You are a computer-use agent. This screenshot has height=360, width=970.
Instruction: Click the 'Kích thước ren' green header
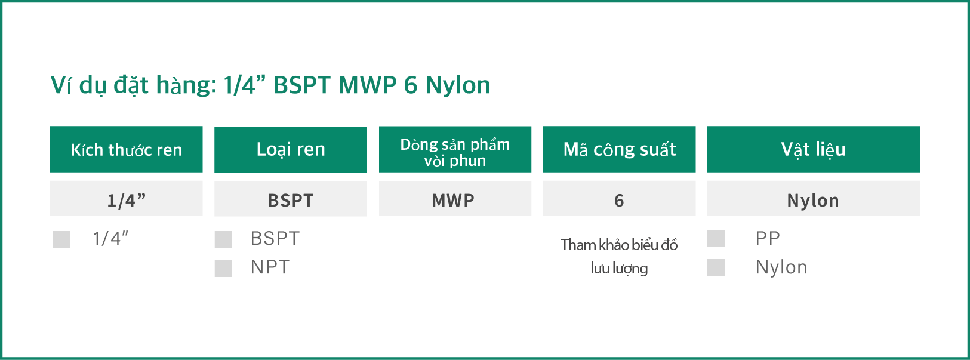(126, 149)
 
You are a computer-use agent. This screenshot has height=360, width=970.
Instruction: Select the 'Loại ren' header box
(291, 149)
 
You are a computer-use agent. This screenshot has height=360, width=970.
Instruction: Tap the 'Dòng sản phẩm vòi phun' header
(455, 149)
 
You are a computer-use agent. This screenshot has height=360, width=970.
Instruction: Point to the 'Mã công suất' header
(619, 149)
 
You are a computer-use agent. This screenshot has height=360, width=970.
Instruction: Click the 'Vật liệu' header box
(813, 149)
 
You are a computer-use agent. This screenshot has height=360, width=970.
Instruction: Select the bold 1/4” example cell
(126, 198)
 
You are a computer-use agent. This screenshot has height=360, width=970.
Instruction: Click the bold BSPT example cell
(291, 199)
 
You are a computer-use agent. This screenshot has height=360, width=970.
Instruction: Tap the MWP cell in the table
(455, 198)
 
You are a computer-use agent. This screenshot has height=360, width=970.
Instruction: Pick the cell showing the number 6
(619, 198)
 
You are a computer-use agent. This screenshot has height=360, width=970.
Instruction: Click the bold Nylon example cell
(813, 198)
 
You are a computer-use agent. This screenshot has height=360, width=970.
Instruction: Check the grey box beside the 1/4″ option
(61, 239)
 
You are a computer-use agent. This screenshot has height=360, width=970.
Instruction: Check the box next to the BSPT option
(223, 239)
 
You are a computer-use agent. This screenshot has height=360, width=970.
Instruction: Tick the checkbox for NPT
(223, 268)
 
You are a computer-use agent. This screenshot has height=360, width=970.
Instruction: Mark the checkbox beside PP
(716, 238)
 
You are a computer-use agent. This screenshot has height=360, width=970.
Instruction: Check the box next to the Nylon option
(716, 267)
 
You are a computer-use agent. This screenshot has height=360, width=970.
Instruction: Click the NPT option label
(270, 267)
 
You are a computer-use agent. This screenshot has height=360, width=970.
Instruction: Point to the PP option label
(768, 238)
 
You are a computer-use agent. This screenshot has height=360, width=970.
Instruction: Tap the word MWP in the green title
(367, 84)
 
